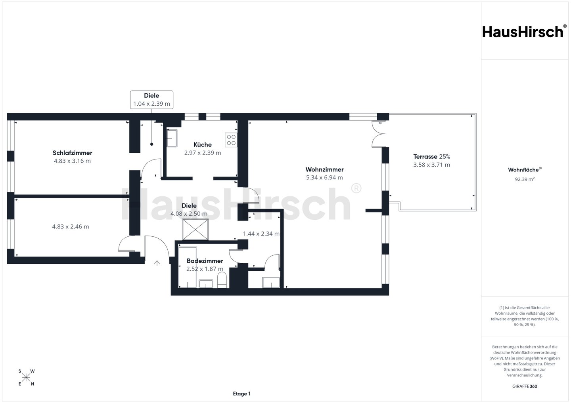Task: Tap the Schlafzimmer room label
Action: pos(73,153)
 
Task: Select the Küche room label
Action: pos(203,144)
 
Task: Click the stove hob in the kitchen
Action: pos(231,140)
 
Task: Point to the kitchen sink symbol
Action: pos(172,138)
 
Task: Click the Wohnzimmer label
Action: pos(324,169)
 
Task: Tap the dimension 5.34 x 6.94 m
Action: pos(324,178)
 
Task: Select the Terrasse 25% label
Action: pos(431,156)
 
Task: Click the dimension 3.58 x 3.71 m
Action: pos(431,165)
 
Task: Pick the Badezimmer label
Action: pos(205,261)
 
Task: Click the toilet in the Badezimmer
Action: pos(222,280)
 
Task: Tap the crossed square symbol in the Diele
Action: pos(195,230)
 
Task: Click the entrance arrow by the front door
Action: pos(157,263)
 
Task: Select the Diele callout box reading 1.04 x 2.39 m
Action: pos(151,100)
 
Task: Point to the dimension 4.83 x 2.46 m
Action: pos(71,227)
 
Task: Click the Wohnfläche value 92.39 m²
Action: pos(525,179)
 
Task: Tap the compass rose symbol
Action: pos(26,378)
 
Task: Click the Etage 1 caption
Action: pos(241,394)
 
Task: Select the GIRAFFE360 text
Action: pos(525,386)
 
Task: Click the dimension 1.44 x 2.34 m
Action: pos(261,234)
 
